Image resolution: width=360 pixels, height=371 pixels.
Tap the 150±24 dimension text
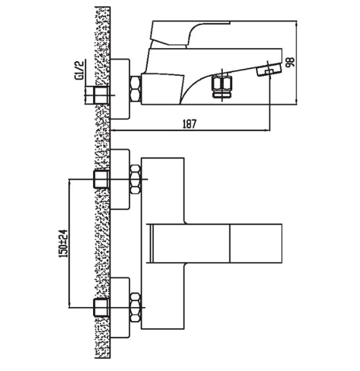(x=63, y=243)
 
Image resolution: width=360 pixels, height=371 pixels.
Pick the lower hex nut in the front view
(x=135, y=306)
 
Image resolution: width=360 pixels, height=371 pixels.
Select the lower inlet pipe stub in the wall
(x=101, y=307)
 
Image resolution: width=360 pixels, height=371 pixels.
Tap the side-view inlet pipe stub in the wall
(x=101, y=94)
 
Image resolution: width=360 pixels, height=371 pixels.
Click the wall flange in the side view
(x=121, y=89)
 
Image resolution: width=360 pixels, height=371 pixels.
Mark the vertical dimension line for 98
(x=296, y=62)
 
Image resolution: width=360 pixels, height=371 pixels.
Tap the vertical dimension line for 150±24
(x=69, y=243)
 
